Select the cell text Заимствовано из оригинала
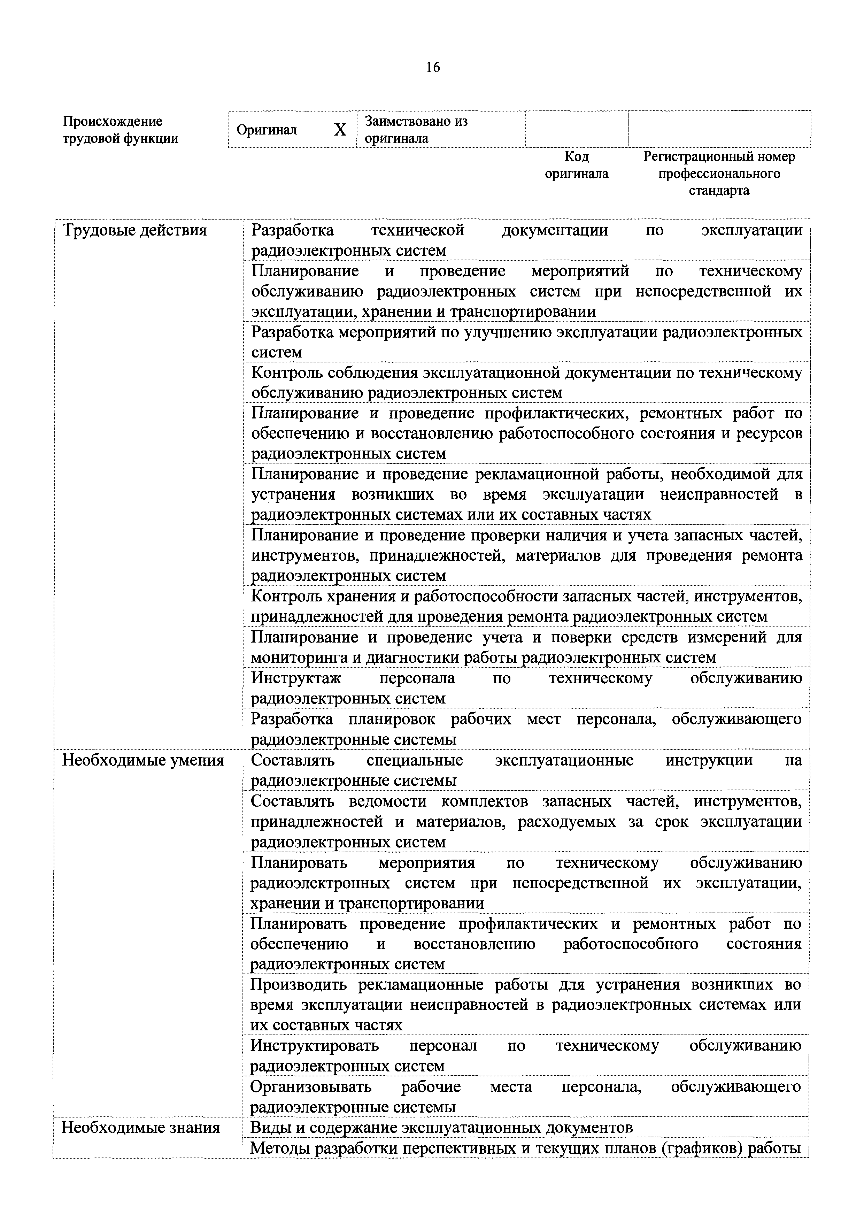(416, 129)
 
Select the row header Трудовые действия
(134, 230)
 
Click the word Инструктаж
(296, 678)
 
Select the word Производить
(299, 985)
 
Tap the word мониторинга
(299, 658)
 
